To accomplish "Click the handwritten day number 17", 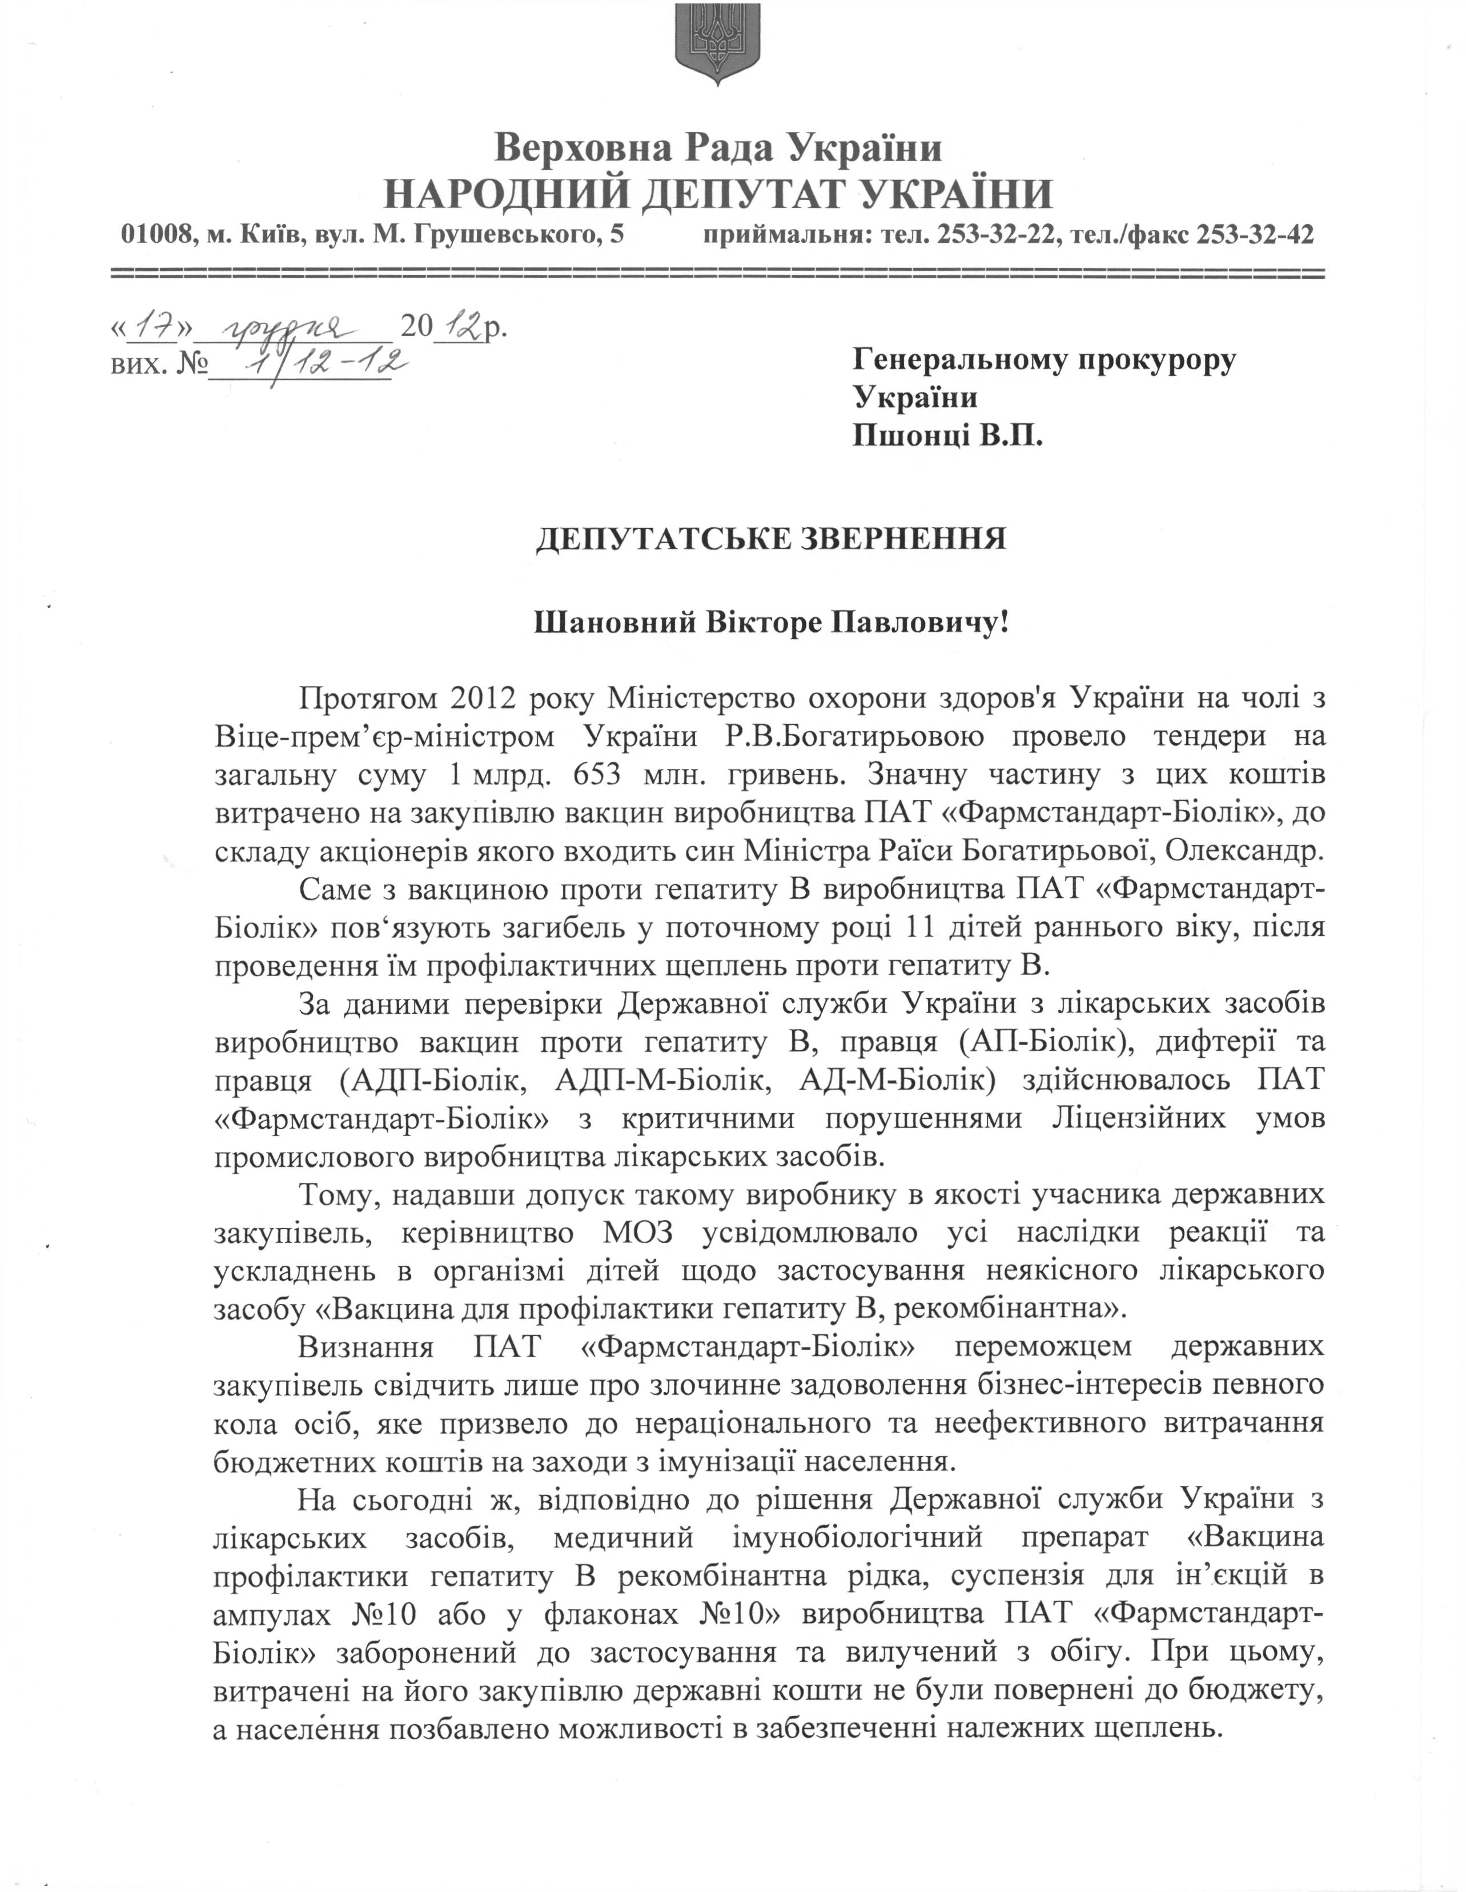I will point(151,327).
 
